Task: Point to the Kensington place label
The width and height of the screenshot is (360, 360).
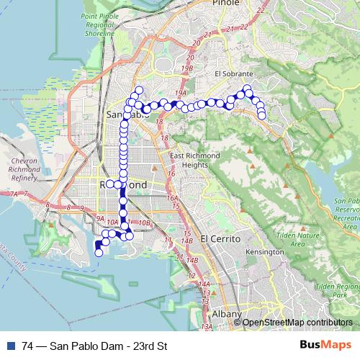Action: click(265, 253)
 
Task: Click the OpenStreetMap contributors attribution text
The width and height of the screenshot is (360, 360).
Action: click(297, 323)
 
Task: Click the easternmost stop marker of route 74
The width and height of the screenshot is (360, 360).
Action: click(262, 115)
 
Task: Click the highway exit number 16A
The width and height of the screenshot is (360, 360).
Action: click(171, 198)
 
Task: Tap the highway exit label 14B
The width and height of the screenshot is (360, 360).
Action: click(192, 260)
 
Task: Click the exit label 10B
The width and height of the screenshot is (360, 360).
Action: click(145, 223)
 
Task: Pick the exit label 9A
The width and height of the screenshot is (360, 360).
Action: click(100, 217)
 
